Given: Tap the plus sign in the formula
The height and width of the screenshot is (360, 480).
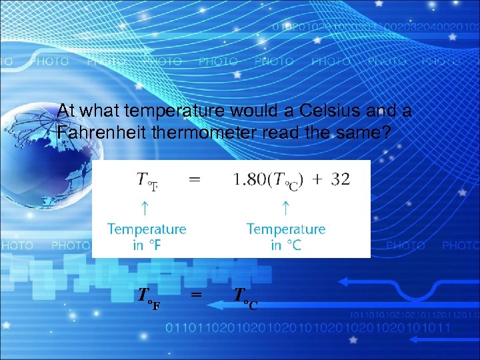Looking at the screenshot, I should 317,180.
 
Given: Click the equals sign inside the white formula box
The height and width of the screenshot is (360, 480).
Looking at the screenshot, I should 194,179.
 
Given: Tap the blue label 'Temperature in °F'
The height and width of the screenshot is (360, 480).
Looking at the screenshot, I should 147,237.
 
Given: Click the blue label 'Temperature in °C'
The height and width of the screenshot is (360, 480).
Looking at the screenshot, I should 286,237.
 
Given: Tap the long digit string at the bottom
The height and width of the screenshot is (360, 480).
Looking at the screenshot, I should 307,328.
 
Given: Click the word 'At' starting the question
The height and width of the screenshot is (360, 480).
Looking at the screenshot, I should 65,111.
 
